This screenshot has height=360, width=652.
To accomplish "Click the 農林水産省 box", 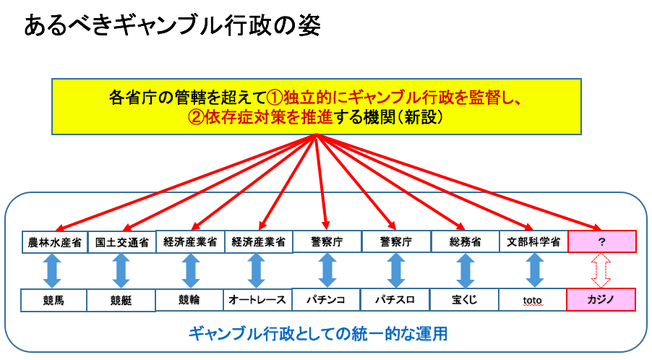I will tap(54, 242).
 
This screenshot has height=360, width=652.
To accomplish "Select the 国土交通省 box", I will tap(122, 242).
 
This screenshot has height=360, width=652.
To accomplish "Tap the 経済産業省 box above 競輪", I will tap(190, 241).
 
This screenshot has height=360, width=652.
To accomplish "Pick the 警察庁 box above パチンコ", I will tap(326, 241).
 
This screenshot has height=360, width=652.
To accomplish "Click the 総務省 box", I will tap(466, 241).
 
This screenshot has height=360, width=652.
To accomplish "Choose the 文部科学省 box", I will tap(533, 241).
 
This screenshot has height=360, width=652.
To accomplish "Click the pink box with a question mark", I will tap(602, 241).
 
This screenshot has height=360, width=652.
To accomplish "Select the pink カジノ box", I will tap(602, 298).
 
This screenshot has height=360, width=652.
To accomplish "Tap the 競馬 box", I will tap(54, 299).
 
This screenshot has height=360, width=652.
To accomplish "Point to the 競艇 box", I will tap(121, 299).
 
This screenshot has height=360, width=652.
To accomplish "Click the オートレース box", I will tap(258, 299).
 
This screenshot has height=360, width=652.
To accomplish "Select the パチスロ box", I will tap(395, 299).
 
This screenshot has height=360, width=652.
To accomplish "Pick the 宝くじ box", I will tap(466, 298).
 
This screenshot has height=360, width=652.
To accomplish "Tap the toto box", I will tap(533, 298).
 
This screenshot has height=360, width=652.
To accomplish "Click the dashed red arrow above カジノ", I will tap(602, 270).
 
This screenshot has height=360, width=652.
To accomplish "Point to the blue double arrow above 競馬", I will tap(53, 270).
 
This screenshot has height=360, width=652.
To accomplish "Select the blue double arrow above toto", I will tap(533, 270).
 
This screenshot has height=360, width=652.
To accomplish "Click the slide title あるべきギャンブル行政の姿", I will tap(172, 26).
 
